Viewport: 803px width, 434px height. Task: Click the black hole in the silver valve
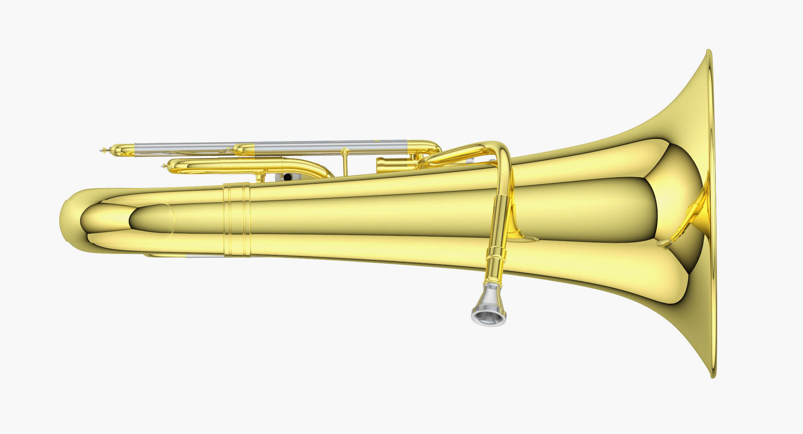click(x=288, y=177)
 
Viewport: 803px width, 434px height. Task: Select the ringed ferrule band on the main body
click(x=237, y=220)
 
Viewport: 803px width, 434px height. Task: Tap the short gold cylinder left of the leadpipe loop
click(x=394, y=165)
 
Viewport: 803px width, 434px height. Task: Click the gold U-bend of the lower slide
click(x=181, y=166)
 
